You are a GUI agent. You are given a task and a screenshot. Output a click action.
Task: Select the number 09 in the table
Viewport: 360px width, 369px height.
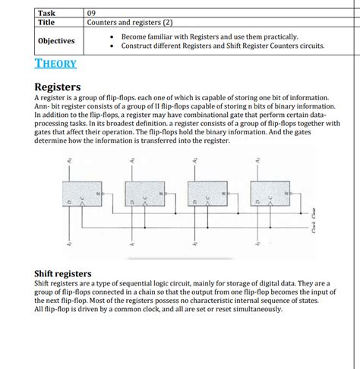tap(92, 13)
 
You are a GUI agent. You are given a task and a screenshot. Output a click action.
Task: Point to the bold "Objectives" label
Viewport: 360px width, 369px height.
tap(56, 41)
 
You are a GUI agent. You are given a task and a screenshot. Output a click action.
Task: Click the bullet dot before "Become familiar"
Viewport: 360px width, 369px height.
tap(112, 36)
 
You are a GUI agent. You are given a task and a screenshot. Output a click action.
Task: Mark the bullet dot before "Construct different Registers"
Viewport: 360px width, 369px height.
tap(112, 46)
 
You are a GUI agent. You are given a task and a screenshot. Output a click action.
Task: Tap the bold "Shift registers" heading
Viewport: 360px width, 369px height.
tap(63, 273)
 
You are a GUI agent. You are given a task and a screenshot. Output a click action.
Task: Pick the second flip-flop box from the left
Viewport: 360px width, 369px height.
tap(142, 198)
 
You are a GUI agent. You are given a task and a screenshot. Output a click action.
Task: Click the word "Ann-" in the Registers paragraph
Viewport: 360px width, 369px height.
tap(45, 106)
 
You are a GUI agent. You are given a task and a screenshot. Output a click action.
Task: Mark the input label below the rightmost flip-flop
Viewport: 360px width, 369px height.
tap(257, 241)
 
